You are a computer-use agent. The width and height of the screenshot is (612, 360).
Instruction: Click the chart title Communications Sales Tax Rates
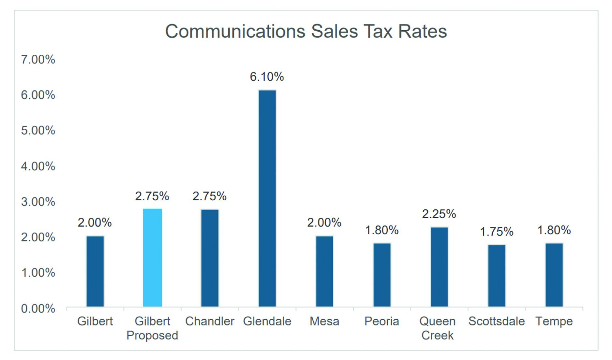[x=306, y=32]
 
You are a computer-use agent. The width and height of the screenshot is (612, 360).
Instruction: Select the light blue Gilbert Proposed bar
[x=152, y=257]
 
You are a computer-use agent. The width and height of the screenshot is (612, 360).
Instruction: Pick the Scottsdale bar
[x=497, y=275]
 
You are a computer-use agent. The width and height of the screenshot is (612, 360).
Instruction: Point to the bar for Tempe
[x=554, y=275]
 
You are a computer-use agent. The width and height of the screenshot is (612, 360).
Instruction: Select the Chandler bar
[x=210, y=258]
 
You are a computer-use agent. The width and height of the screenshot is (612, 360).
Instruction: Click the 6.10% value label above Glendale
[x=267, y=77]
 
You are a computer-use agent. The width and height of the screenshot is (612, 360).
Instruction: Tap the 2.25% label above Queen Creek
[x=439, y=214]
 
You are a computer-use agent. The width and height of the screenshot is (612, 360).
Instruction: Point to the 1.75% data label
[x=497, y=232]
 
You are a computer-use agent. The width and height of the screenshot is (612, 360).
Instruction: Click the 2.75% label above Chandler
[x=209, y=196]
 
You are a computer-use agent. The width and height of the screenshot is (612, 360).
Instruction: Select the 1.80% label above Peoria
[x=381, y=230]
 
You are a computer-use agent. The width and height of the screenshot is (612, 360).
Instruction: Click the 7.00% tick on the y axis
[x=38, y=60]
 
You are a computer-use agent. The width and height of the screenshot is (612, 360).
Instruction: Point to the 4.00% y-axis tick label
[x=38, y=166]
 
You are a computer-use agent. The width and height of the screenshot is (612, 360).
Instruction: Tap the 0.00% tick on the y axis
[x=38, y=309]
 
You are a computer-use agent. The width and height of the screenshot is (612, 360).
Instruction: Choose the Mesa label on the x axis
[x=324, y=322]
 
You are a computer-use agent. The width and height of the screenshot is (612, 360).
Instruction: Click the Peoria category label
[x=381, y=322]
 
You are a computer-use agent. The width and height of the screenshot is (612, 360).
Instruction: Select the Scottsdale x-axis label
[x=496, y=322]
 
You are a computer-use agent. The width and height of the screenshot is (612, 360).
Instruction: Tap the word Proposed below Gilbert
[x=152, y=336]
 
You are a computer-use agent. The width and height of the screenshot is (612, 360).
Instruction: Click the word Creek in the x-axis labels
[x=437, y=336]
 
